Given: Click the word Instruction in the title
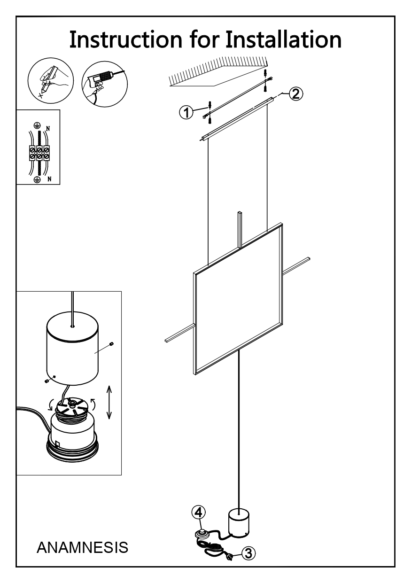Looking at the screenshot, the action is tap(126, 39).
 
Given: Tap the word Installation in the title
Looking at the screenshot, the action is tap(283, 39).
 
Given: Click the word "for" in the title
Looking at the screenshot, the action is tap(204, 39).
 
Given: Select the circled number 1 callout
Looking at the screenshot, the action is tap(186, 113).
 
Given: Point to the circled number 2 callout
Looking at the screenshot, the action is tap(296, 94).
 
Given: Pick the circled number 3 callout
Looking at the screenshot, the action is tap(248, 553).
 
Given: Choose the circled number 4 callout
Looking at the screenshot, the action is tap(198, 513).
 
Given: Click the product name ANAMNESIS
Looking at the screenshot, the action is tap(82, 547).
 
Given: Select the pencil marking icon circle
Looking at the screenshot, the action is tap(51, 80).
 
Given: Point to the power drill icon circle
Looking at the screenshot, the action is tap(105, 84).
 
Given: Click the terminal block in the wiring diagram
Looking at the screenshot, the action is tap(39, 153).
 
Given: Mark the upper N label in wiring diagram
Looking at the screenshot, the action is tap(48, 129).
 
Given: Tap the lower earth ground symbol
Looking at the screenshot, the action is tap(37, 179).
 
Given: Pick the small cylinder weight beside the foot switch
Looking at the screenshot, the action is tap(239, 523).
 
